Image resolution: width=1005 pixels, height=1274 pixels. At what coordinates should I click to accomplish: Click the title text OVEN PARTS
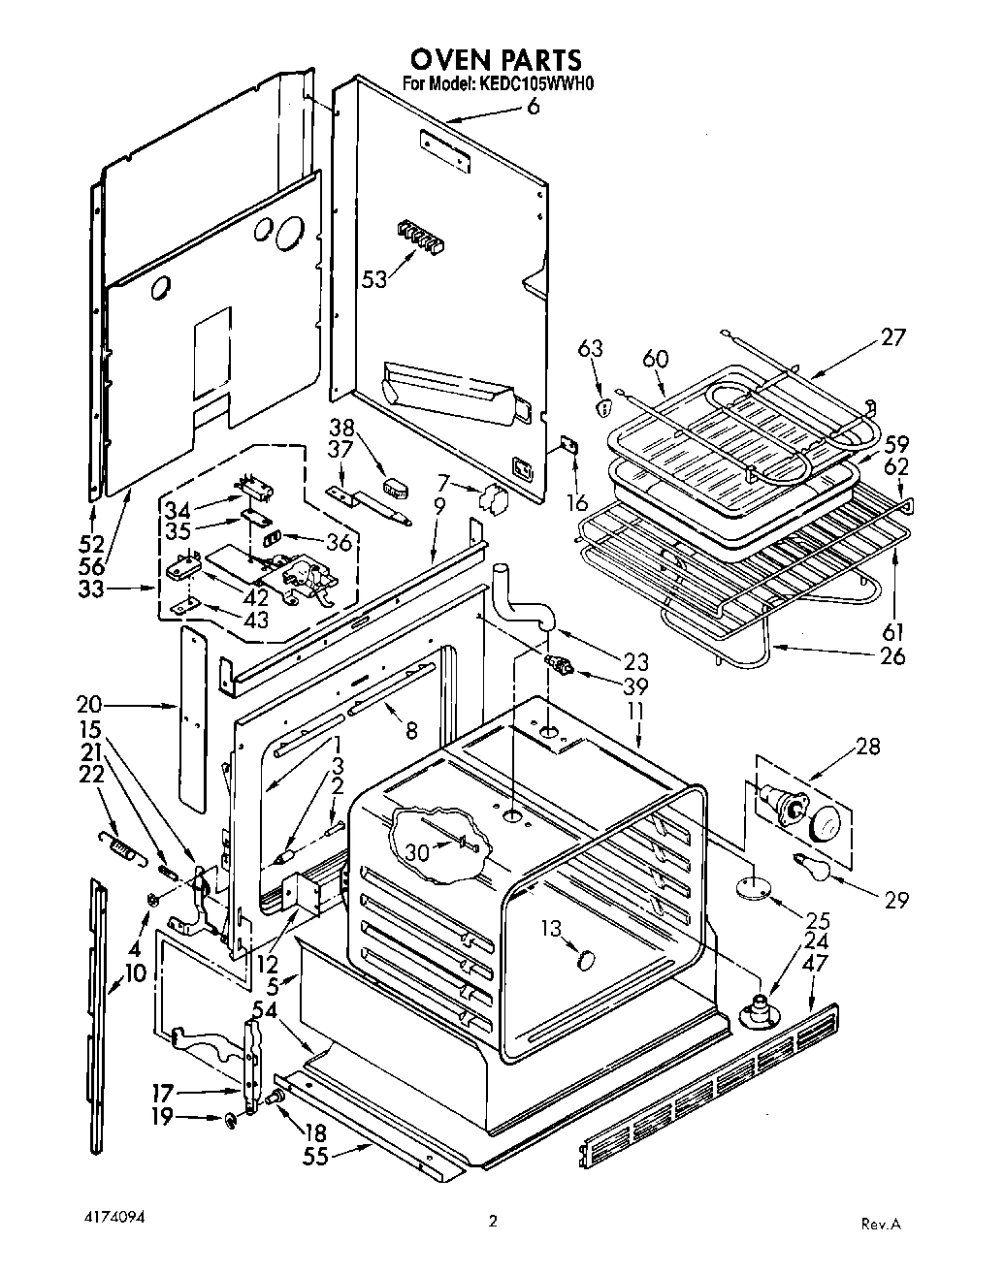click(x=497, y=60)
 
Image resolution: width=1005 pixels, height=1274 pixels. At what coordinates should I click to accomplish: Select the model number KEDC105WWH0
click(x=533, y=84)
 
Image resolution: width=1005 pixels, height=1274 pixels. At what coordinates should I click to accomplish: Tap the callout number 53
click(x=374, y=279)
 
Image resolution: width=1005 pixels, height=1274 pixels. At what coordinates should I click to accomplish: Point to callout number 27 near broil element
click(x=892, y=337)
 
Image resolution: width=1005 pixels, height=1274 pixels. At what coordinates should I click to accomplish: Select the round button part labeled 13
click(x=585, y=960)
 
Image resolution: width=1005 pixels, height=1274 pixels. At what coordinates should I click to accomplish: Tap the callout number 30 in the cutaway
click(x=416, y=853)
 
